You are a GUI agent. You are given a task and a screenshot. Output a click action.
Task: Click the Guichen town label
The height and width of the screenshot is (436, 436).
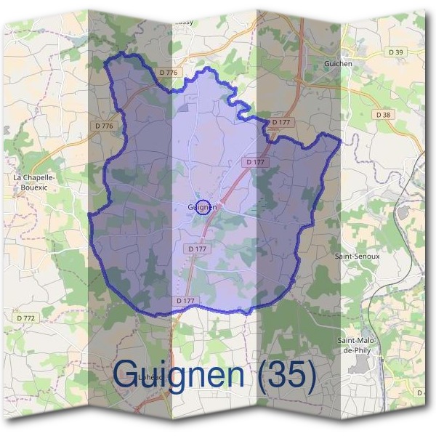point(336,64)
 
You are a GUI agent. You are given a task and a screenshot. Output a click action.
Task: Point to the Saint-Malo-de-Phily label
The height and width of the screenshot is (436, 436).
point(356,345)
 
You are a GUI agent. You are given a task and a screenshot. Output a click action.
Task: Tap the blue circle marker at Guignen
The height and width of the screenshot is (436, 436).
point(204,207)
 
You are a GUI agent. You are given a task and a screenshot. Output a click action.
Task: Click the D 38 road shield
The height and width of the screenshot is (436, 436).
point(384,115)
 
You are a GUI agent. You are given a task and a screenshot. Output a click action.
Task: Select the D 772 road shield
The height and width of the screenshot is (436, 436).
point(25,318)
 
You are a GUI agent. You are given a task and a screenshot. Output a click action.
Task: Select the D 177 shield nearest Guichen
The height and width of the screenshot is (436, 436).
point(280,122)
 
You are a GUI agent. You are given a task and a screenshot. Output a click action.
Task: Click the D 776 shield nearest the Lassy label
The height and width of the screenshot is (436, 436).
point(168,73)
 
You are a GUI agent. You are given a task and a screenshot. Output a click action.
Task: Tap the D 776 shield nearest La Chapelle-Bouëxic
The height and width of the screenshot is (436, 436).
point(104,126)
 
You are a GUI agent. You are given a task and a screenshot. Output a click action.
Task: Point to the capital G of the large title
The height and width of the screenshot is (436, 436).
point(129,375)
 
